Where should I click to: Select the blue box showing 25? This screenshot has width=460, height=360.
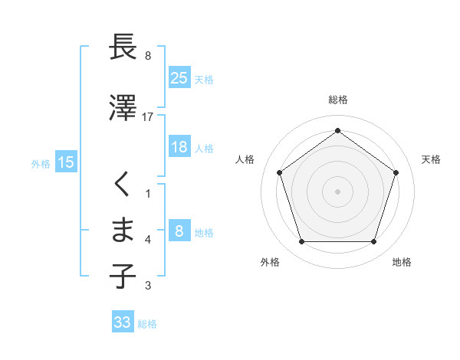(x=179, y=77)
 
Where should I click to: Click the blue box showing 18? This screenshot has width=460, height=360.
(x=179, y=147)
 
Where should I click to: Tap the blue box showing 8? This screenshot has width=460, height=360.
(x=179, y=231)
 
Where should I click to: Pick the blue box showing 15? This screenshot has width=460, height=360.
(x=66, y=162)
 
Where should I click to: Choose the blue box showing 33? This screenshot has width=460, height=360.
(x=123, y=322)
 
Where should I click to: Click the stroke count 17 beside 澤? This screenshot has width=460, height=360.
(x=148, y=116)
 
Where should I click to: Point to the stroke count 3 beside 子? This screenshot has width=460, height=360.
(x=148, y=286)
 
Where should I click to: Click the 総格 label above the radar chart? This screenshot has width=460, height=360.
(x=338, y=100)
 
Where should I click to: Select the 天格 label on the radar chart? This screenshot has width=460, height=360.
(x=431, y=159)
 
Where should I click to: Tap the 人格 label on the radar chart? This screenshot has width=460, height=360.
(x=245, y=159)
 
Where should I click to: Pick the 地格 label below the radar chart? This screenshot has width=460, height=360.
(x=402, y=262)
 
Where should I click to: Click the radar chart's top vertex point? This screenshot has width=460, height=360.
(x=338, y=130)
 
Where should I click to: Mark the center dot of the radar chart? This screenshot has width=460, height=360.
(x=338, y=191)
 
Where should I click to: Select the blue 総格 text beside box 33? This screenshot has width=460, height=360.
(x=147, y=324)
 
